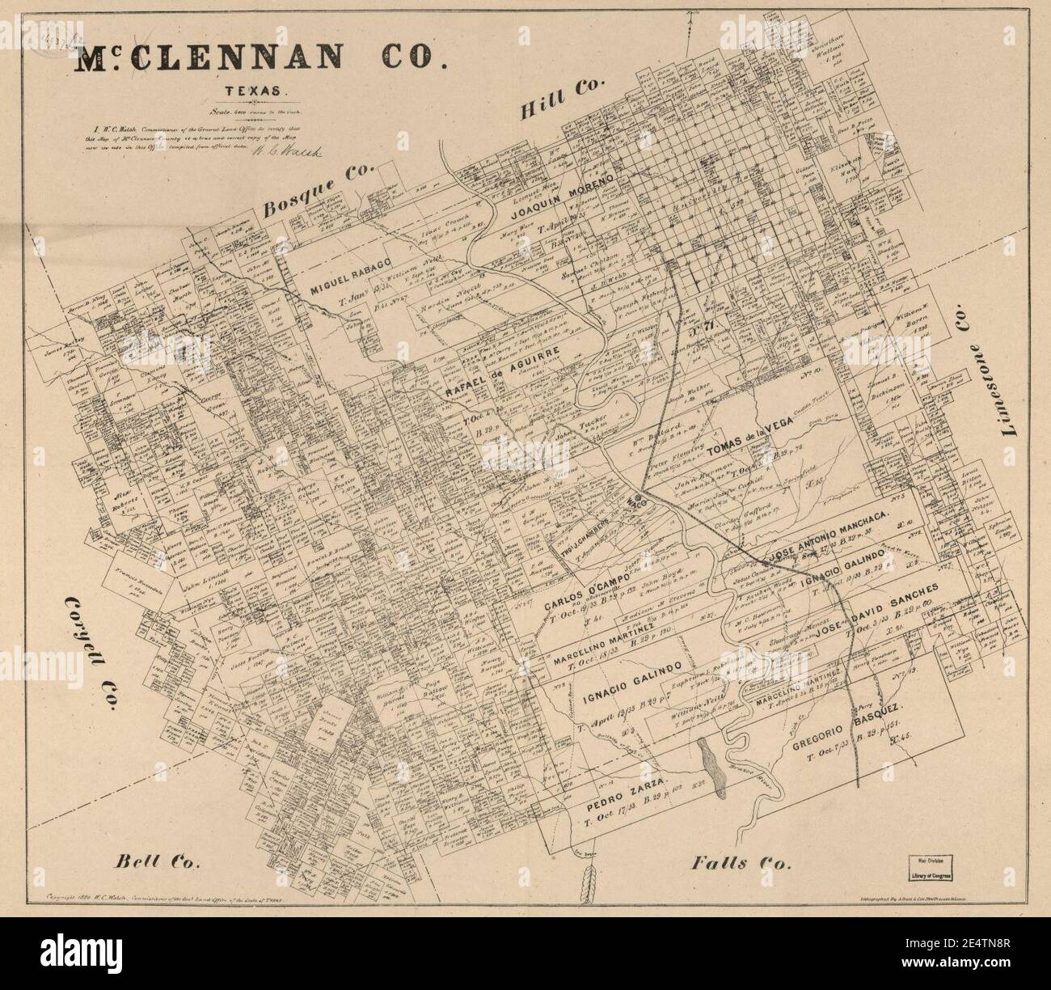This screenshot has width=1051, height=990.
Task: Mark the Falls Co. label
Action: (740, 864)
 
